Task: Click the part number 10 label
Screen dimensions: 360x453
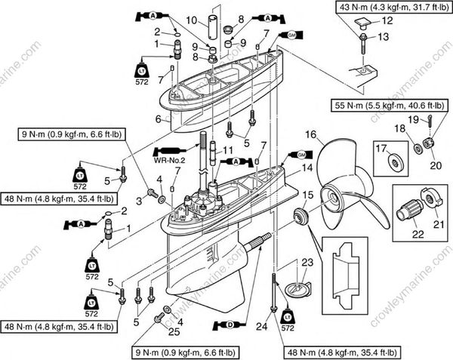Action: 191,20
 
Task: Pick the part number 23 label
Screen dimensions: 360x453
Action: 307,262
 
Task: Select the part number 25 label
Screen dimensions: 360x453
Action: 174,333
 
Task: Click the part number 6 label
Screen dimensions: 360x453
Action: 159,119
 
